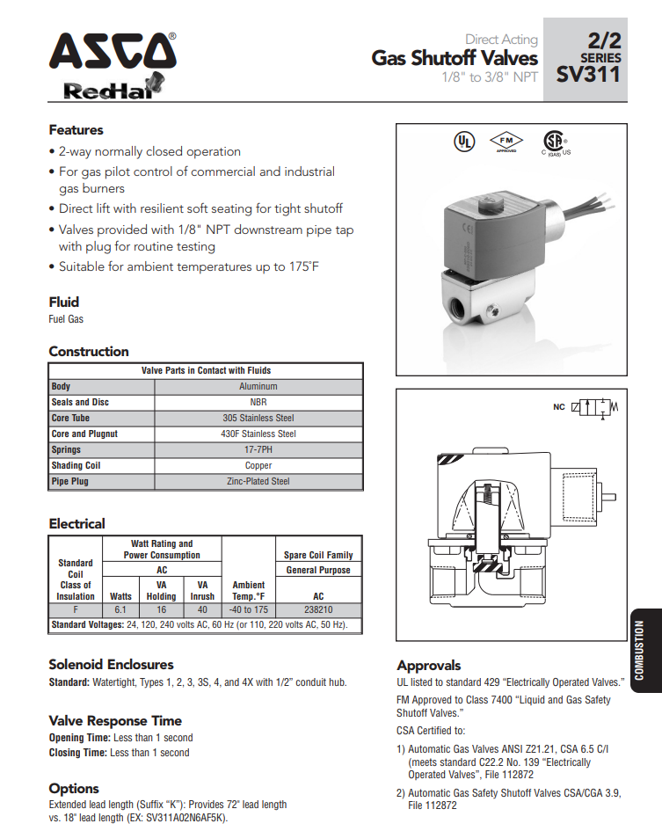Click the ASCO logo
(x=112, y=52)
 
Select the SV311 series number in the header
(x=588, y=75)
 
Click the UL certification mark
(x=462, y=142)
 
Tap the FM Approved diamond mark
(x=506, y=142)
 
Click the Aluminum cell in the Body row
(x=258, y=386)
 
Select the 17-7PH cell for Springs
(x=258, y=449)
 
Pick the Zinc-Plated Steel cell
(x=258, y=481)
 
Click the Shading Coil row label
(x=76, y=465)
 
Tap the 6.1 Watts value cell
(x=121, y=609)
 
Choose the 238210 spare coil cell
(x=318, y=609)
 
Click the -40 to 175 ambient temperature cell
(x=248, y=609)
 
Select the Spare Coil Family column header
(x=318, y=555)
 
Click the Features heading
(x=76, y=130)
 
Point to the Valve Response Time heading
(x=115, y=720)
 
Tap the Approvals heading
(x=429, y=665)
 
